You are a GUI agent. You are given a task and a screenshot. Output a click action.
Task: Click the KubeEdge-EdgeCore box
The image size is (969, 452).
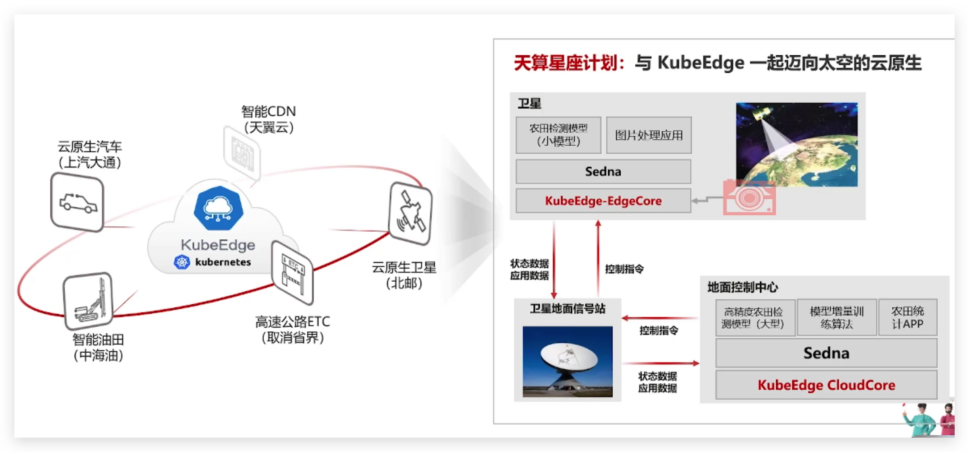[x=603, y=200]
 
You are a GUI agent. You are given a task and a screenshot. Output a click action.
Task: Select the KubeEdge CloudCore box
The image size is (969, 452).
[x=826, y=385]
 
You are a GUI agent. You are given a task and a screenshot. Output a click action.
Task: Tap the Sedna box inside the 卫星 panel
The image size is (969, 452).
[x=603, y=172]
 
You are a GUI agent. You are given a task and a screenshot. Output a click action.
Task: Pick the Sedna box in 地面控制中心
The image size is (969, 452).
[x=826, y=353]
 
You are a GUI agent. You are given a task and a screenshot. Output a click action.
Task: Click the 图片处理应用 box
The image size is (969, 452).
[x=649, y=135]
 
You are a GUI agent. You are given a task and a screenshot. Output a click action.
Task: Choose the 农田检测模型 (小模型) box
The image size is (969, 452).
[x=558, y=135]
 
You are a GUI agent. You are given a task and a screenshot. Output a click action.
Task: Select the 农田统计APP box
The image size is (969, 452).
[x=907, y=317]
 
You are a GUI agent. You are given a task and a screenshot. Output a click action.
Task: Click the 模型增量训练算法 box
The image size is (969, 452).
[x=836, y=317]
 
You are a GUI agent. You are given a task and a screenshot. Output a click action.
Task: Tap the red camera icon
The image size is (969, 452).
[x=749, y=197]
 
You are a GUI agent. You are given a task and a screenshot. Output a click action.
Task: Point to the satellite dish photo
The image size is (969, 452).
[x=567, y=361]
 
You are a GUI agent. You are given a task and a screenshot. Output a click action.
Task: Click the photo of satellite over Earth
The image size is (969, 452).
[x=797, y=144]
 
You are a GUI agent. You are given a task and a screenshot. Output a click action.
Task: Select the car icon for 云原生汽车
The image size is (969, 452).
[x=77, y=202]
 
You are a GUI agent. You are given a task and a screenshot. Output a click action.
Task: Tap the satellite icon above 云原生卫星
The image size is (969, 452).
[x=411, y=213]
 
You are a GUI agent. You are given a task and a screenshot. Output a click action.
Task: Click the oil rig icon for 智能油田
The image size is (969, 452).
[x=88, y=301]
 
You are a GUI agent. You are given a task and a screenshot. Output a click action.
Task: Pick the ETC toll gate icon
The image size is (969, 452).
[x=292, y=272]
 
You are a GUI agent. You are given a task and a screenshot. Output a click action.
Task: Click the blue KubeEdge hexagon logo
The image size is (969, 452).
[x=219, y=208]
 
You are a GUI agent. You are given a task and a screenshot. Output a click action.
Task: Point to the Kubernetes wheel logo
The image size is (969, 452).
[x=182, y=262]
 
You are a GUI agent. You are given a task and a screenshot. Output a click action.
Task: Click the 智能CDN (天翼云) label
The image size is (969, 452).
[x=269, y=119]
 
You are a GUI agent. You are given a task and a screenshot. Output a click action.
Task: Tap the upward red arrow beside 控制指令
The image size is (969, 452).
[x=598, y=259]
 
